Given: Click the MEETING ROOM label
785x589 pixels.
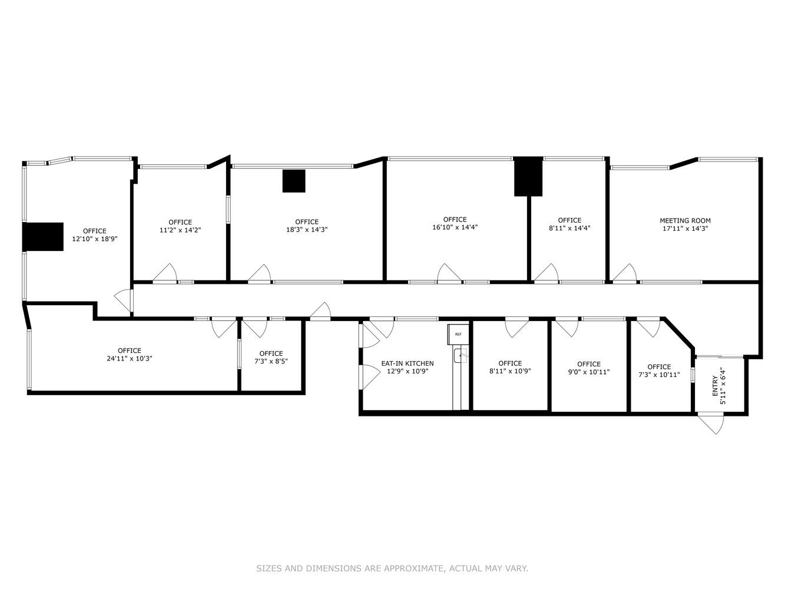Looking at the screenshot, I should pos(685,221).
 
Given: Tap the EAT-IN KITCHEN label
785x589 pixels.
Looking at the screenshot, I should pos(407,363).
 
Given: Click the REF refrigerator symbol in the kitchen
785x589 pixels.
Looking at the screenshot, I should pos(458,334).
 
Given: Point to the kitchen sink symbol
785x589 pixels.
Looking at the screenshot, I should pos(460,355).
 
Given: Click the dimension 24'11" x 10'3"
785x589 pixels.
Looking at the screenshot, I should pos(129,358).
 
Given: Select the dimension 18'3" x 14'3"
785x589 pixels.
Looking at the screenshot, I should pos(307,230).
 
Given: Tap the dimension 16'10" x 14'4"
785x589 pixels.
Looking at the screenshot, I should pos(455,227).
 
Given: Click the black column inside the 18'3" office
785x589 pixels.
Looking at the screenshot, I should pos(294,181).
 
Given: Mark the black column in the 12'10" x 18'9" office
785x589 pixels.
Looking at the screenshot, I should pos(43,237).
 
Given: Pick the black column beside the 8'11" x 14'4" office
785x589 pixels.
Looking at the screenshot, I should pos(528,176).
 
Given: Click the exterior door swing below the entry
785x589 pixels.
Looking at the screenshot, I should pos(712,424).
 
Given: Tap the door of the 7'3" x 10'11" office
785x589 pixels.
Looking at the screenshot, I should pos(648,327).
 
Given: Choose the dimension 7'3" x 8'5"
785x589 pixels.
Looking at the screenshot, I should pos(271,361).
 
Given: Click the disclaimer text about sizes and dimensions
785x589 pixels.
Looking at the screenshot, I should pos(392,568).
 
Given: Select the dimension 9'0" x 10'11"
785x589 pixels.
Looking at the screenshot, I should pos(588,372).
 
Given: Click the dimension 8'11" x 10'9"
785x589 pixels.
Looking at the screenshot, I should pos(510,371).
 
